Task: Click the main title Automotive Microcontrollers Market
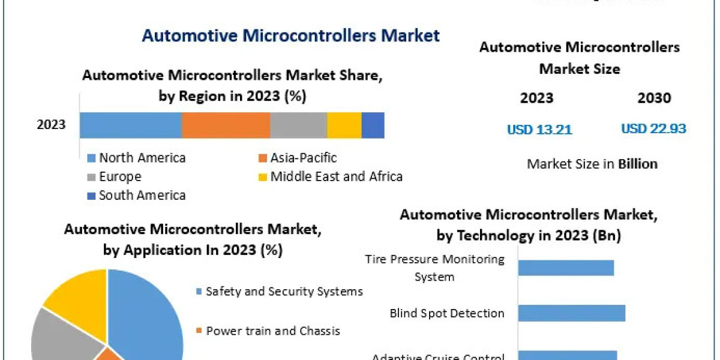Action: click(x=290, y=35)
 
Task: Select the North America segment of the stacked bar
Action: click(x=130, y=125)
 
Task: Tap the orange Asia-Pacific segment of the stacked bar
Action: click(x=226, y=125)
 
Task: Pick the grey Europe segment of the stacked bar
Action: click(x=298, y=125)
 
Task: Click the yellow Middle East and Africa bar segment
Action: click(x=344, y=125)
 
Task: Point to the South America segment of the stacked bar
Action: click(x=373, y=125)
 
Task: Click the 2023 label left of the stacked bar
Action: click(x=52, y=125)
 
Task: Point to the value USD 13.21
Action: click(x=539, y=129)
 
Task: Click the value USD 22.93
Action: click(x=653, y=128)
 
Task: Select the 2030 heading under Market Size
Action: click(x=654, y=98)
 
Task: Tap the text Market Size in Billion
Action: click(x=592, y=164)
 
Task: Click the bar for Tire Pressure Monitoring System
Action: click(x=566, y=268)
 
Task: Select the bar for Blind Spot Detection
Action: click(x=571, y=313)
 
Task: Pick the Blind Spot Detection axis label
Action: click(x=447, y=313)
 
